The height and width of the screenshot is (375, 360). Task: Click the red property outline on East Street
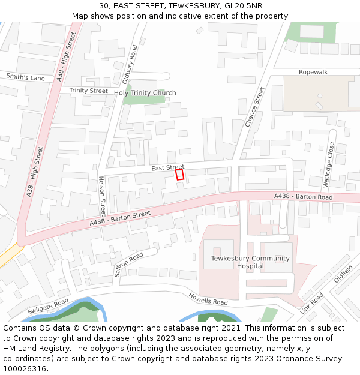pos(179,174)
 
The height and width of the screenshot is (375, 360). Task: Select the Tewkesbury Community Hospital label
pos(250,262)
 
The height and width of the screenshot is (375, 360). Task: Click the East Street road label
pos(168,167)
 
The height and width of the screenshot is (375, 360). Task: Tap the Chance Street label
pos(255,107)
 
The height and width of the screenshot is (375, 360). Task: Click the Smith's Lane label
pos(26,77)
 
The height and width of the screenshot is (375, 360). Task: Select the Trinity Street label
pos(88,91)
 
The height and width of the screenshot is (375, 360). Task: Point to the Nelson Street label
pos(102,196)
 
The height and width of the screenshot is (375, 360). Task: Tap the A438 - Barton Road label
pos(303,197)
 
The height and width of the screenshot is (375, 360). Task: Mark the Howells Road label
pos(208,298)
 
